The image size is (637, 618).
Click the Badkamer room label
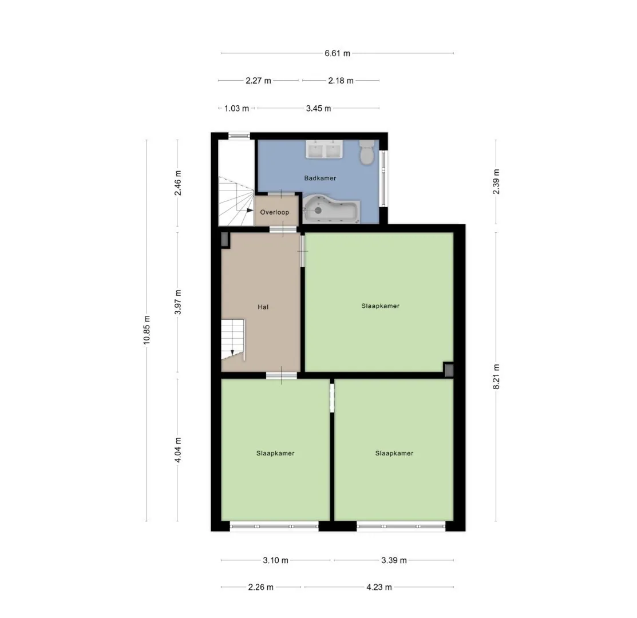coord(320,178)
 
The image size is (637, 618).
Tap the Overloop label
coord(275,212)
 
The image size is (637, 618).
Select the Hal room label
coord(263,307)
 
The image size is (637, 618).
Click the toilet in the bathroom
coord(367,152)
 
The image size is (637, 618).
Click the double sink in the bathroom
coord(324,149)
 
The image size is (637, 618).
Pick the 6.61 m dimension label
coord(337,53)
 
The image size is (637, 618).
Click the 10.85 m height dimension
coord(147,330)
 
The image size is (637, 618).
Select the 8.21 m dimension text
coord(496,377)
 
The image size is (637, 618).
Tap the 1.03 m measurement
coord(237,108)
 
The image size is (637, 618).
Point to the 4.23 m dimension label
coord(379,587)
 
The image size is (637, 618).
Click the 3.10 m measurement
coord(275,560)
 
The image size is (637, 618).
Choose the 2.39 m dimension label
coord(496,181)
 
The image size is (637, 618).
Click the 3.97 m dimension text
coord(177,302)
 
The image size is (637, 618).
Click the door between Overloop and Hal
coord(283,230)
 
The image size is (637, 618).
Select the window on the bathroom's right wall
coord(383,179)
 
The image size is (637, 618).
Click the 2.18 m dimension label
coord(341,81)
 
